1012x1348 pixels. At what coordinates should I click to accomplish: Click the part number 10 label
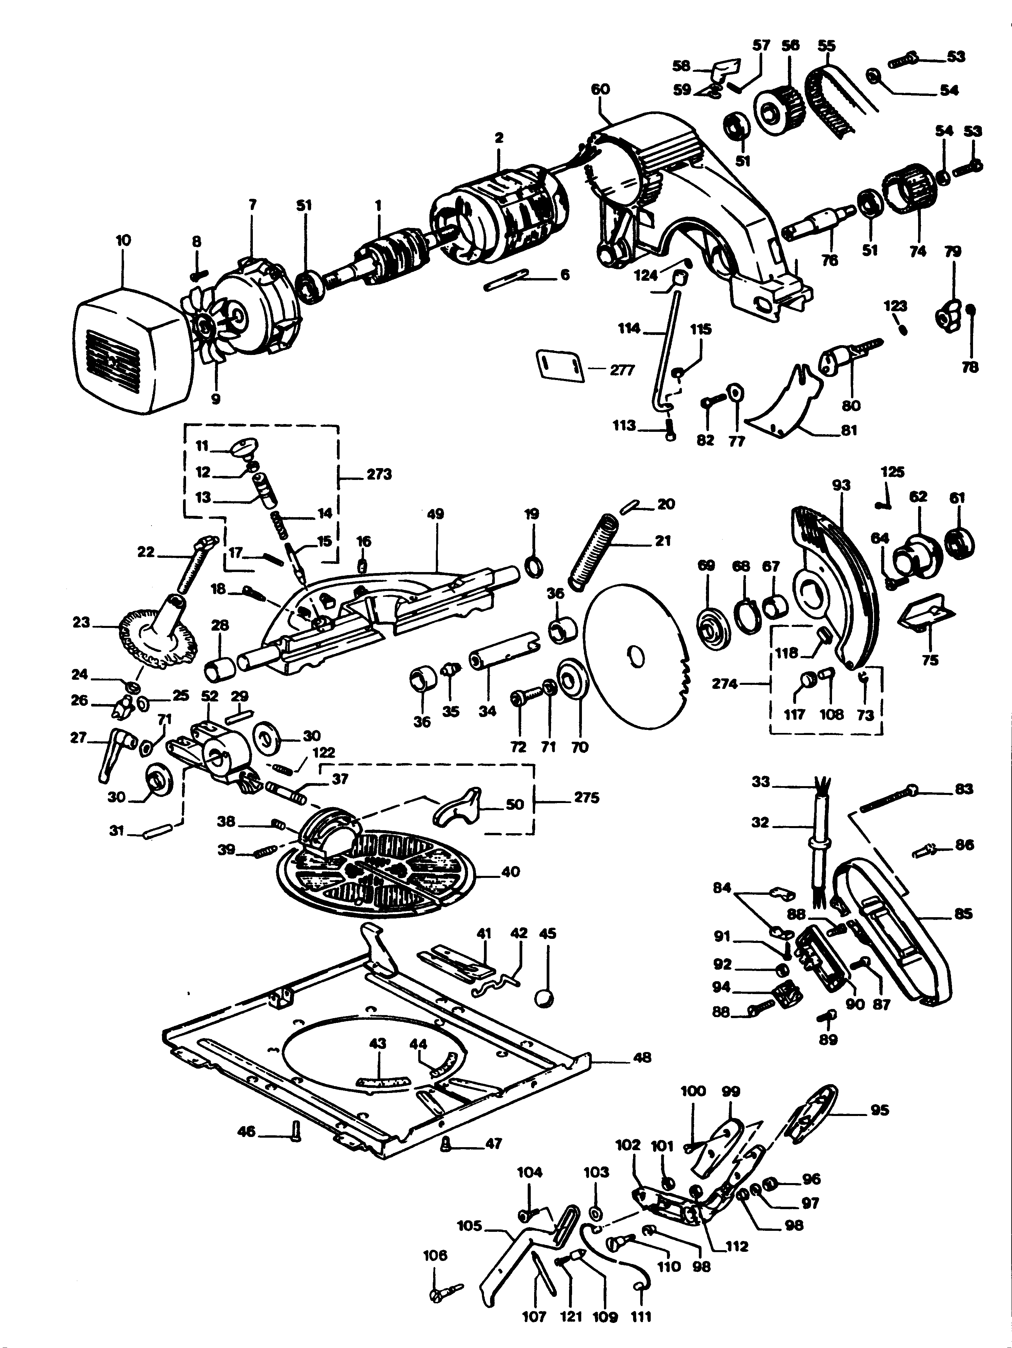tap(123, 240)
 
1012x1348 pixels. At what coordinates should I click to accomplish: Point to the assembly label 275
tap(586, 797)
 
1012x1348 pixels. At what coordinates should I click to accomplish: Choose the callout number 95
tap(879, 1110)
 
